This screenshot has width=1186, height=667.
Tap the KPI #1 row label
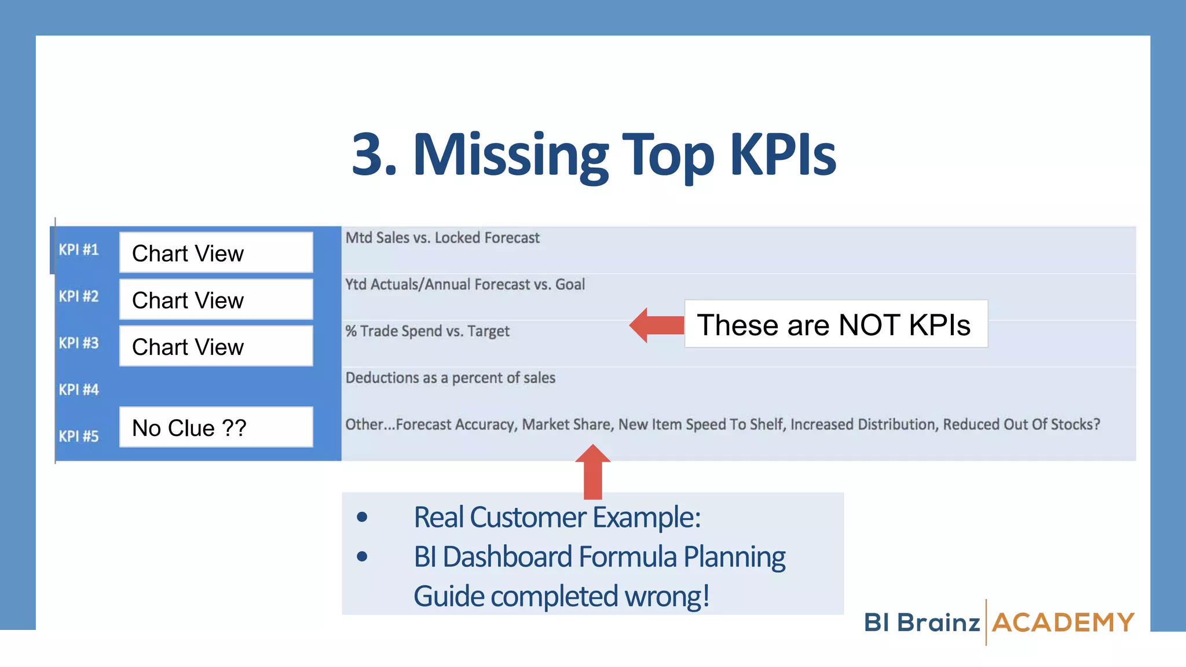(79, 250)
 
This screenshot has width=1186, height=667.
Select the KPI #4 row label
(79, 390)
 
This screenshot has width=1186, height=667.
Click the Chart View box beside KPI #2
(216, 300)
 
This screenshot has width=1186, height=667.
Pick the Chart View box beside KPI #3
(216, 346)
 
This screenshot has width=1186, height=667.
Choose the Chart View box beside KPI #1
(216, 253)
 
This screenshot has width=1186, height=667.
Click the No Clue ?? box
(216, 428)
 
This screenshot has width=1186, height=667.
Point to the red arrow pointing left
(656, 325)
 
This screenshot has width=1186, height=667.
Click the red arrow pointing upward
(592, 471)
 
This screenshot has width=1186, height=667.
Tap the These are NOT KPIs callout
(835, 324)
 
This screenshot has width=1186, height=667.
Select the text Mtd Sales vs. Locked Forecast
(442, 238)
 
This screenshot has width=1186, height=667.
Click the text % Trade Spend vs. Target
(427, 331)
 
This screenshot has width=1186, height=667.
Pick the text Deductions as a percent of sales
(451, 378)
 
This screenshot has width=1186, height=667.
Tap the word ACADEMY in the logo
(1063, 623)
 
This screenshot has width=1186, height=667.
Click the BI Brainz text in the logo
(922, 623)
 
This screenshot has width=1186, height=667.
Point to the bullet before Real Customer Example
(363, 517)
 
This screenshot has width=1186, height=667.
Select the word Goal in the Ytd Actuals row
(570, 284)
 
